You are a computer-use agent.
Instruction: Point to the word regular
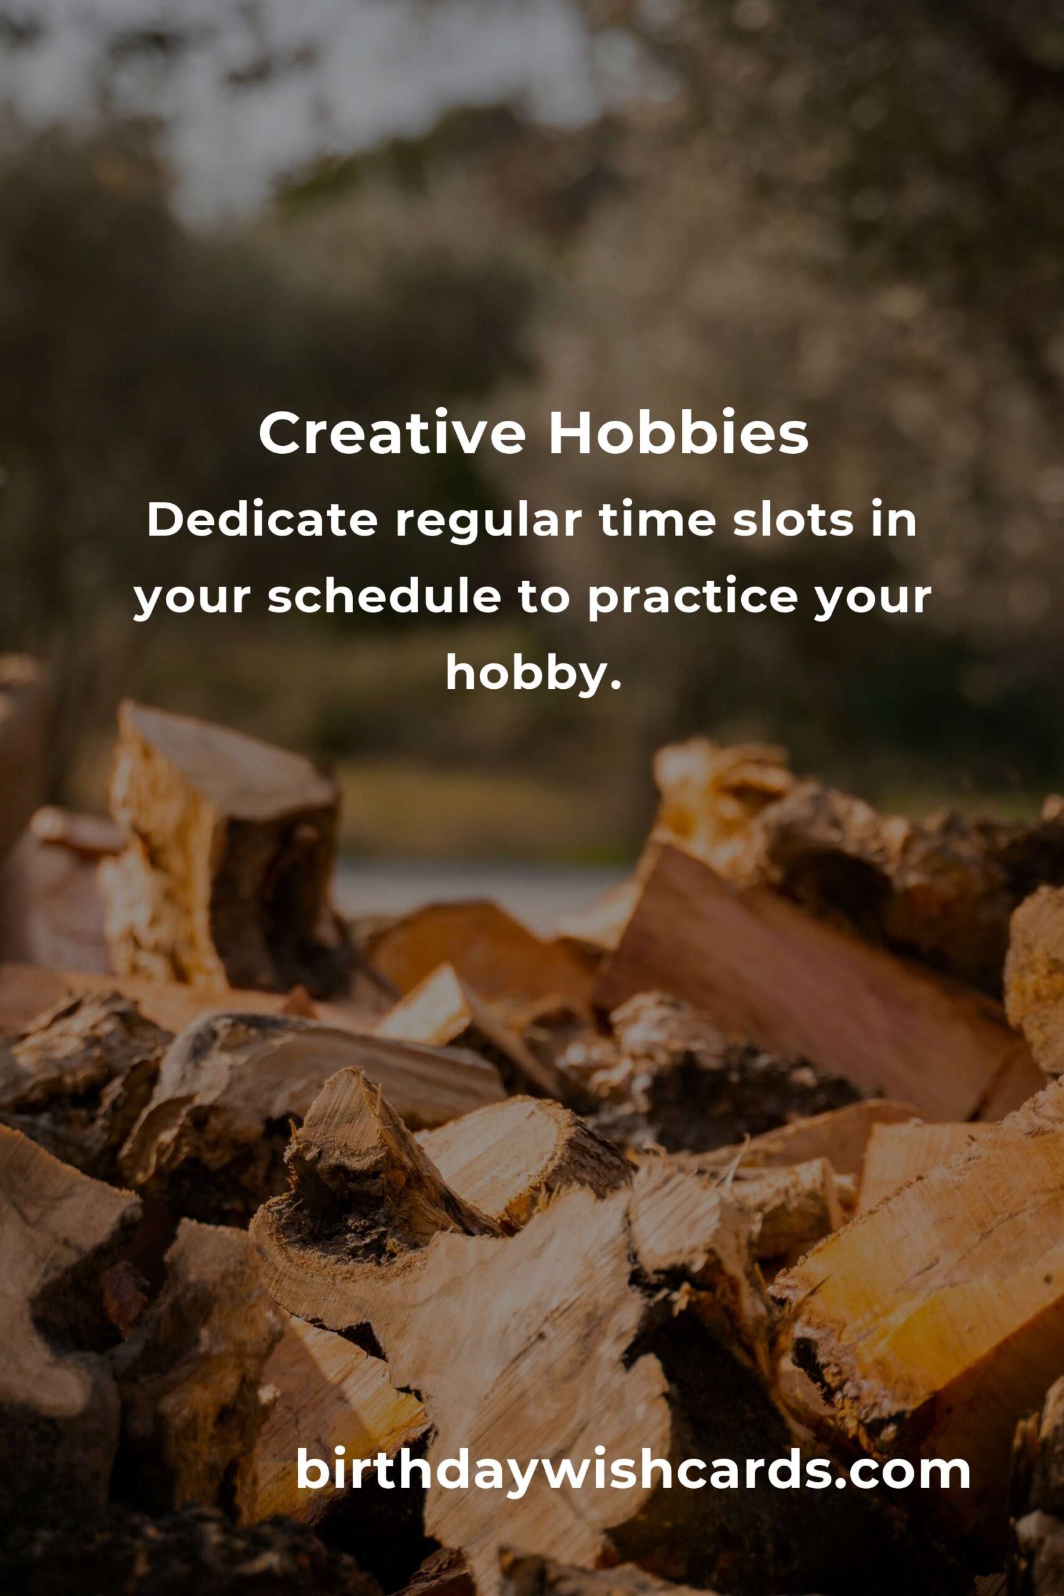487,524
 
